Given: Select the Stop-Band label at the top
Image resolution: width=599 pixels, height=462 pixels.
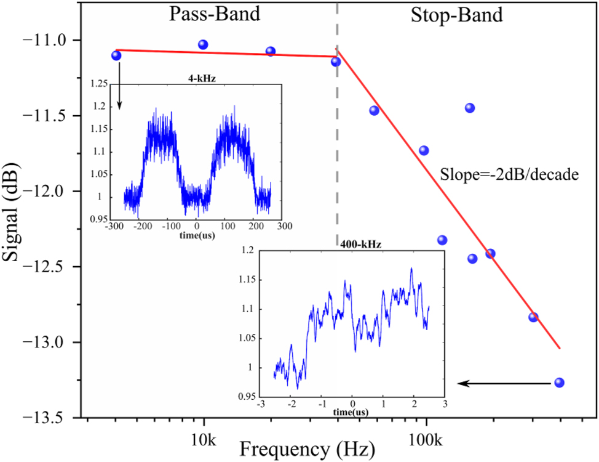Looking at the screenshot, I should tap(456, 15).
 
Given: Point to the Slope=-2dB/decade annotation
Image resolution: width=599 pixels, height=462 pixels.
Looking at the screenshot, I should tap(510, 174).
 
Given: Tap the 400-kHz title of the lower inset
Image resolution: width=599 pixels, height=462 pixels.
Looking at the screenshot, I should tap(360, 244).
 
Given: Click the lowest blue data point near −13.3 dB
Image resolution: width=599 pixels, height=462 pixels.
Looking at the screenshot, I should tap(559, 383).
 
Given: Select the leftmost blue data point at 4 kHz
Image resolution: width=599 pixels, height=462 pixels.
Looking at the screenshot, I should tap(116, 55).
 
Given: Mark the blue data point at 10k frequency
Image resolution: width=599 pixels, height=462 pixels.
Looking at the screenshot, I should tap(203, 44).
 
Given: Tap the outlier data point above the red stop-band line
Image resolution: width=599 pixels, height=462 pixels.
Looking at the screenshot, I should tap(470, 108).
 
